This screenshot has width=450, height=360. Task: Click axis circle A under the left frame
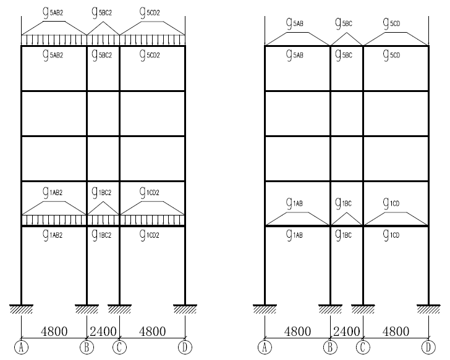click(22, 347)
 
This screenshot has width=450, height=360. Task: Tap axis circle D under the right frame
click(428, 347)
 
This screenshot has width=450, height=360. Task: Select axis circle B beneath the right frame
click(330, 347)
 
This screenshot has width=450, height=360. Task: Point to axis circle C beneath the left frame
click(119, 347)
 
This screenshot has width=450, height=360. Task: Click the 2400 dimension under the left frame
click(103, 331)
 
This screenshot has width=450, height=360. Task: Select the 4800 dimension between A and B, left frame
click(54, 331)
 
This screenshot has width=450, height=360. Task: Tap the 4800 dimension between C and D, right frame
click(396, 331)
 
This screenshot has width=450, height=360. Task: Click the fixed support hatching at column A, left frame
click(22, 308)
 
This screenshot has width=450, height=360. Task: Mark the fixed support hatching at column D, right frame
click(428, 308)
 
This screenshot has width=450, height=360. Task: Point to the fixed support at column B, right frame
click(330, 308)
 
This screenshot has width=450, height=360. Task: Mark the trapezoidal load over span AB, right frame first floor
click(297, 219)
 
